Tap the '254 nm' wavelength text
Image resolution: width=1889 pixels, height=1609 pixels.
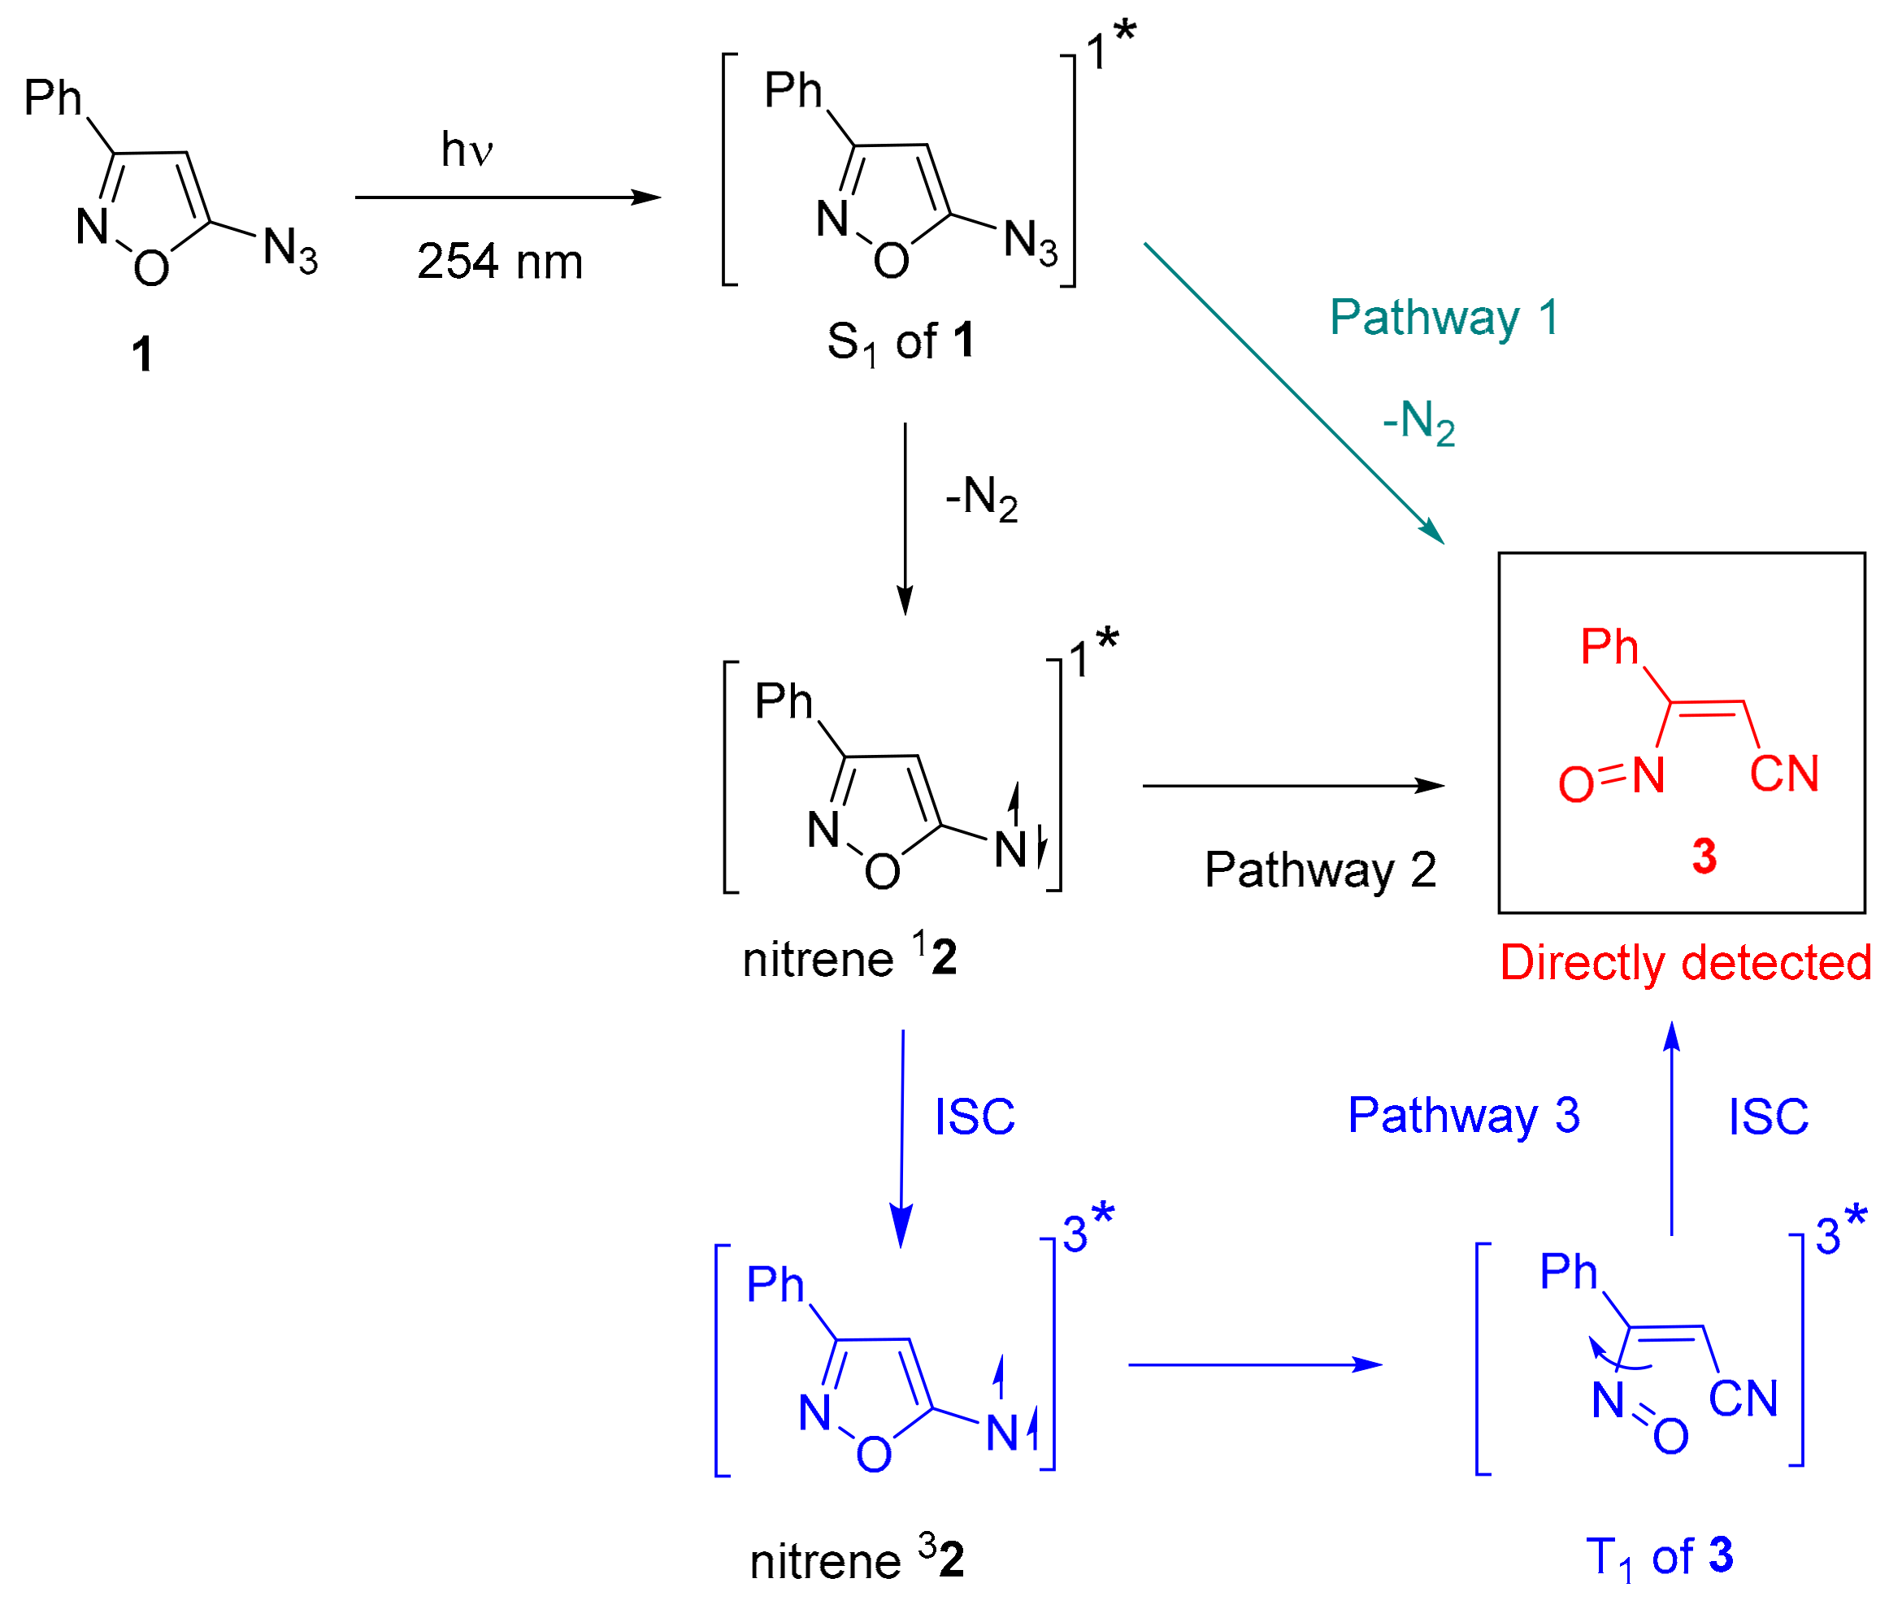tap(500, 262)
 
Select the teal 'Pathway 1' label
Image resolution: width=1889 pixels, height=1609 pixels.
tap(1444, 319)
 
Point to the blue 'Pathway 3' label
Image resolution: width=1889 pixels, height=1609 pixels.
tap(1464, 1115)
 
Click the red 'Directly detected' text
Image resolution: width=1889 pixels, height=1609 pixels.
tap(1686, 963)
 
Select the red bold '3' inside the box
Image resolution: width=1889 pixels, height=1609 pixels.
tap(1704, 856)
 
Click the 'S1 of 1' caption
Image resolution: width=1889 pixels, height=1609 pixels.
tap(901, 342)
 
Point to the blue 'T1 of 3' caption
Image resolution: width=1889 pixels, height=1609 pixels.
tap(1659, 1557)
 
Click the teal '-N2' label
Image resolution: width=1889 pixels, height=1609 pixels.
tap(1418, 423)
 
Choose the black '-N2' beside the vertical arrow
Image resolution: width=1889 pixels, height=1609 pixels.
tap(981, 499)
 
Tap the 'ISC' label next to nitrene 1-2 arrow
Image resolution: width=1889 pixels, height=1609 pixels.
tap(975, 1117)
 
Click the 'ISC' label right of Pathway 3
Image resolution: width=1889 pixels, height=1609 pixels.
tap(1769, 1117)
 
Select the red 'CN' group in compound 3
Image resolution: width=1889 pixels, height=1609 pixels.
tap(1784, 774)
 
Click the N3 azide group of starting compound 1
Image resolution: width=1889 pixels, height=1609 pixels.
tap(290, 249)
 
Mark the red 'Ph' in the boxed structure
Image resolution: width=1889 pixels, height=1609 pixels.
tap(1609, 647)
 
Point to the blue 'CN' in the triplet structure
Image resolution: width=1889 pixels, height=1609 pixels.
tap(1744, 1399)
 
